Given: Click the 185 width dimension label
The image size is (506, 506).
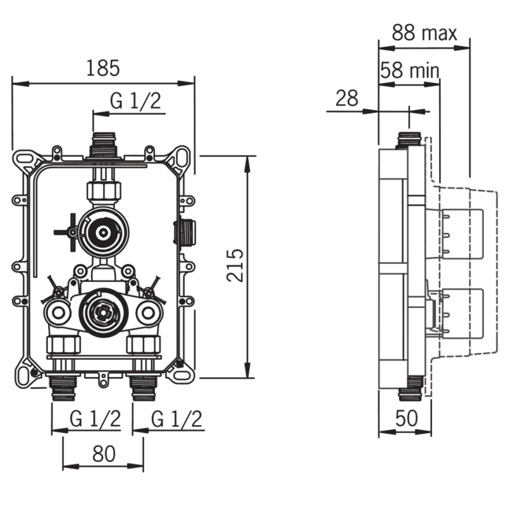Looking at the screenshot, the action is pos(103,68).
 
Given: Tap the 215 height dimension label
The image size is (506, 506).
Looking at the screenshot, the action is pos(235,265).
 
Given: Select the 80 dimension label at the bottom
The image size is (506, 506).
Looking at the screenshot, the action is pos(104,454).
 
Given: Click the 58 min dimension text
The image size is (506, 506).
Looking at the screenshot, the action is pos(410,70).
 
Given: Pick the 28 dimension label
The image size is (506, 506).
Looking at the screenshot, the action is pos(347,98).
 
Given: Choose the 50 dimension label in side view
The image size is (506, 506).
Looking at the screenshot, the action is pos(407,418).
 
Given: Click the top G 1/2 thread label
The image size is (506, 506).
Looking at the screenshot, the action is pos(135,101).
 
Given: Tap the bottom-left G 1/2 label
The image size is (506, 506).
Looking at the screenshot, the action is pos(96,419).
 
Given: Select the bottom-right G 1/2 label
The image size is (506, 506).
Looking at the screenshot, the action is pos(176,419).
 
